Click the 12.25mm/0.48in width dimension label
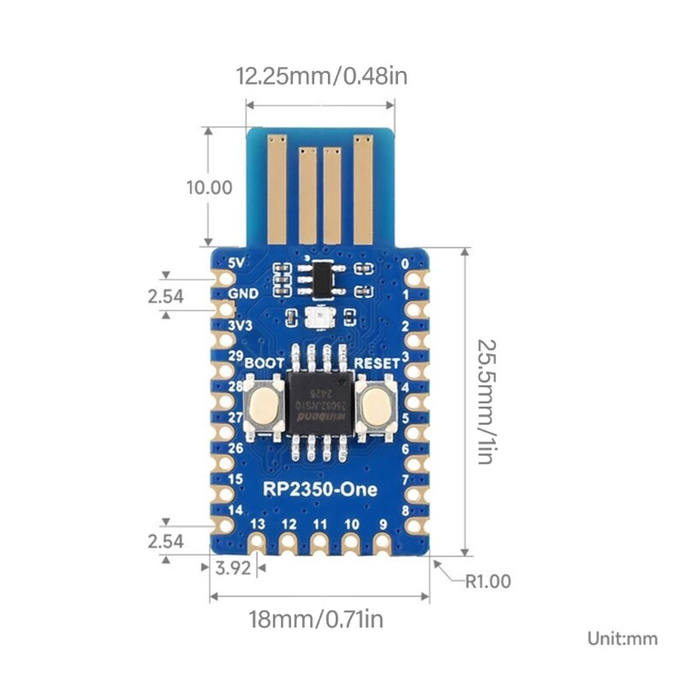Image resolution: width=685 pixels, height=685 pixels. [x=321, y=76]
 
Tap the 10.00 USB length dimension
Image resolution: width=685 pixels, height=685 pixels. [x=209, y=187]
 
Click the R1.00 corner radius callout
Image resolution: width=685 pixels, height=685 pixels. [x=487, y=581]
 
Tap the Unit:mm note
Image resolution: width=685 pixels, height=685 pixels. [x=622, y=638]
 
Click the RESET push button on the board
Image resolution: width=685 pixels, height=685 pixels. [x=375, y=407]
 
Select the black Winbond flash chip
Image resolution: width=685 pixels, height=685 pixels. [x=320, y=403]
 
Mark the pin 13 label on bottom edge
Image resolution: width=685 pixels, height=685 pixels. [x=258, y=523]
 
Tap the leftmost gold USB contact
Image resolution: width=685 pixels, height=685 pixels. [x=276, y=188]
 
